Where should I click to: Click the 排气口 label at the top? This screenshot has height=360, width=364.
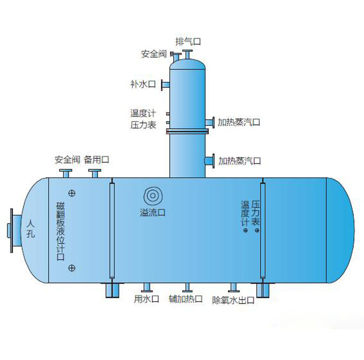click(x=188, y=41)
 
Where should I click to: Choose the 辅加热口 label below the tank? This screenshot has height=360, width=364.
click(x=185, y=299)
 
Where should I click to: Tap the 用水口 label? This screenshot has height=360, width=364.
click(x=147, y=299)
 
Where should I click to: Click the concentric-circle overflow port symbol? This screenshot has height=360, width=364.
click(x=153, y=196)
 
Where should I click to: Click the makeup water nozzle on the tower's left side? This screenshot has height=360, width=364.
click(x=165, y=84)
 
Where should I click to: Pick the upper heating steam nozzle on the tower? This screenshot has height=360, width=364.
click(x=209, y=122)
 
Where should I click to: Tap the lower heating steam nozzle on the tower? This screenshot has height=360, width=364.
click(x=209, y=161)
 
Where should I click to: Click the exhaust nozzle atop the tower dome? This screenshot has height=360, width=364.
click(x=188, y=54)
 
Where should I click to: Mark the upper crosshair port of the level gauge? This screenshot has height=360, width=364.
click(x=72, y=193)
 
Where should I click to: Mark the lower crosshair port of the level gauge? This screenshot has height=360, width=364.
click(x=72, y=268)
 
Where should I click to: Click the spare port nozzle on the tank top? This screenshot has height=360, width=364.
click(x=95, y=173)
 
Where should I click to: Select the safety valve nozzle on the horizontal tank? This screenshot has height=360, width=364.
click(x=66, y=173)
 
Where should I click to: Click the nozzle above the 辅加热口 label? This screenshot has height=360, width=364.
click(x=186, y=287)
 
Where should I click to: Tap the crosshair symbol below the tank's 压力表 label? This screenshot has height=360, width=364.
click(x=257, y=231)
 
